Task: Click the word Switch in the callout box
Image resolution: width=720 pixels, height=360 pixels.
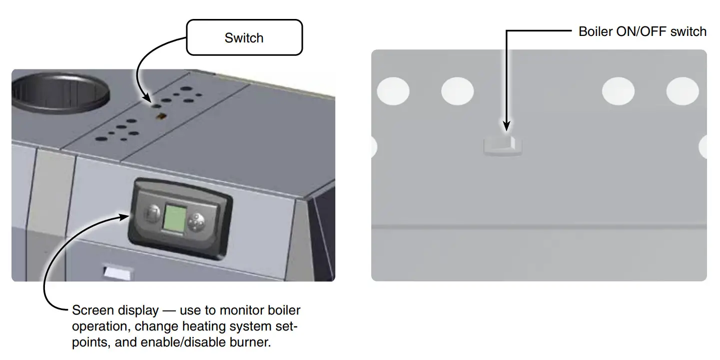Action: (x=244, y=38)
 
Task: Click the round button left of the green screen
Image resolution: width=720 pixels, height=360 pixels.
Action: (x=151, y=216)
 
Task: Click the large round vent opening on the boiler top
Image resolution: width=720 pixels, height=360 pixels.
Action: (x=59, y=92)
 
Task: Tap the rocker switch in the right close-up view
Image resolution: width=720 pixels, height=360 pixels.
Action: (x=503, y=146)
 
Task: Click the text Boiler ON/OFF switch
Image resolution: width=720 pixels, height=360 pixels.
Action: (x=642, y=32)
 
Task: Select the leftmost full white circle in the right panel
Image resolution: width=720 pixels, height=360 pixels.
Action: (x=393, y=91)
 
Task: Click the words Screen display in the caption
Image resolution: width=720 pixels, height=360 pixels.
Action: (x=115, y=311)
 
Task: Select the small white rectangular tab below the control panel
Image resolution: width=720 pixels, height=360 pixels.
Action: (x=117, y=273)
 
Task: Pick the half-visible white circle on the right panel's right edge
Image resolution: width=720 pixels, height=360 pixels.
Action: (x=704, y=147)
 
